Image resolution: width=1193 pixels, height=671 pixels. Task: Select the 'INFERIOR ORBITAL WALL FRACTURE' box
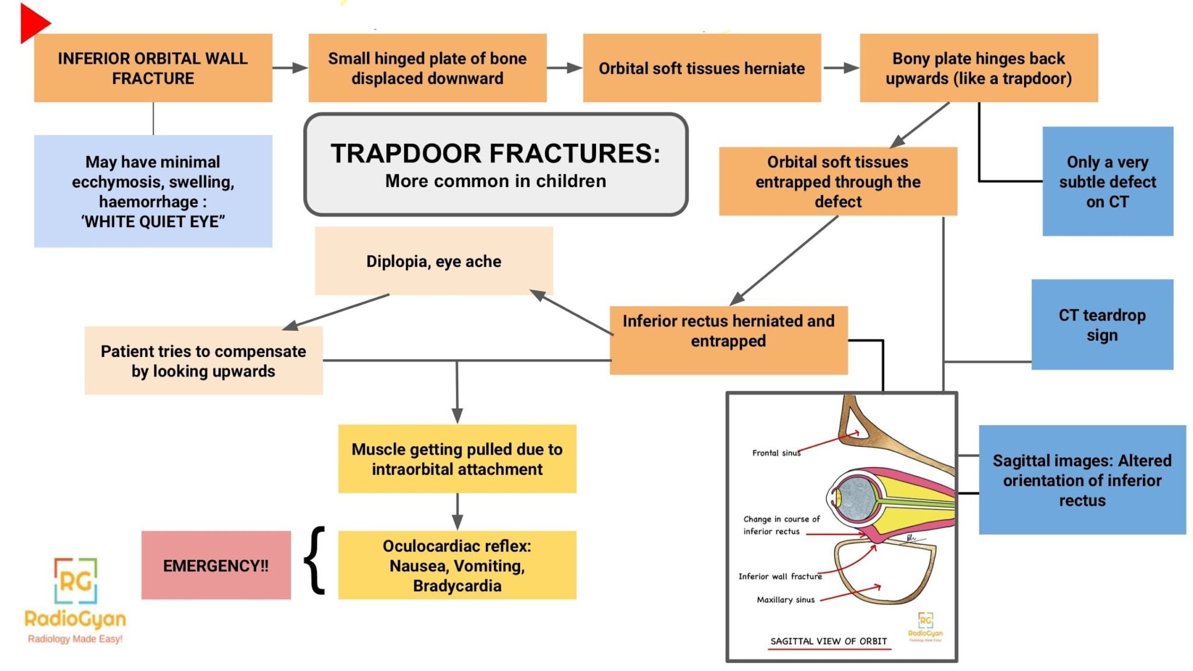tap(153, 68)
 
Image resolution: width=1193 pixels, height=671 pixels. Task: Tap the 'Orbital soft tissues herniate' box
tap(701, 68)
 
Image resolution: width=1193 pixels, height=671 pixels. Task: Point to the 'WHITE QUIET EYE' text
tap(153, 222)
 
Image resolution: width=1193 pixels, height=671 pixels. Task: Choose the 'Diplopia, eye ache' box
tap(433, 261)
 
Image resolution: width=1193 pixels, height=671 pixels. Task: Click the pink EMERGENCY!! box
tap(216, 565)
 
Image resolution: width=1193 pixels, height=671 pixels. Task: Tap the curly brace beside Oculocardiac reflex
tap(315, 560)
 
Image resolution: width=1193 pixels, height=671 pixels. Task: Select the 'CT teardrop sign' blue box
tap(1102, 324)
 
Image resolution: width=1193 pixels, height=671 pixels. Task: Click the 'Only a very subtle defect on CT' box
tap(1107, 181)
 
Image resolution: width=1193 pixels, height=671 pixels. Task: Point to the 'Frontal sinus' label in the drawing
tap(775, 453)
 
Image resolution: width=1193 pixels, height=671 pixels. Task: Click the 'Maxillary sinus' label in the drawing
tap(785, 599)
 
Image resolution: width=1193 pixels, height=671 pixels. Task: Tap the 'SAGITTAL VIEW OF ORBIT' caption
tap(828, 641)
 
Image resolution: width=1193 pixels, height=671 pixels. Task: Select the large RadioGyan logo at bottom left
tap(75, 600)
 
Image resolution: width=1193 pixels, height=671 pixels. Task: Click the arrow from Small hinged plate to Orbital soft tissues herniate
tap(564, 68)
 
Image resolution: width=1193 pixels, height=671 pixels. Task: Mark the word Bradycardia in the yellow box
tap(457, 585)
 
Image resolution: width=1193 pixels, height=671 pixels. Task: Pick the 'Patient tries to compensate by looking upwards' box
tap(203, 361)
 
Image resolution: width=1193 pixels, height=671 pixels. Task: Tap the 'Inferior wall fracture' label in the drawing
tap(779, 576)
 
